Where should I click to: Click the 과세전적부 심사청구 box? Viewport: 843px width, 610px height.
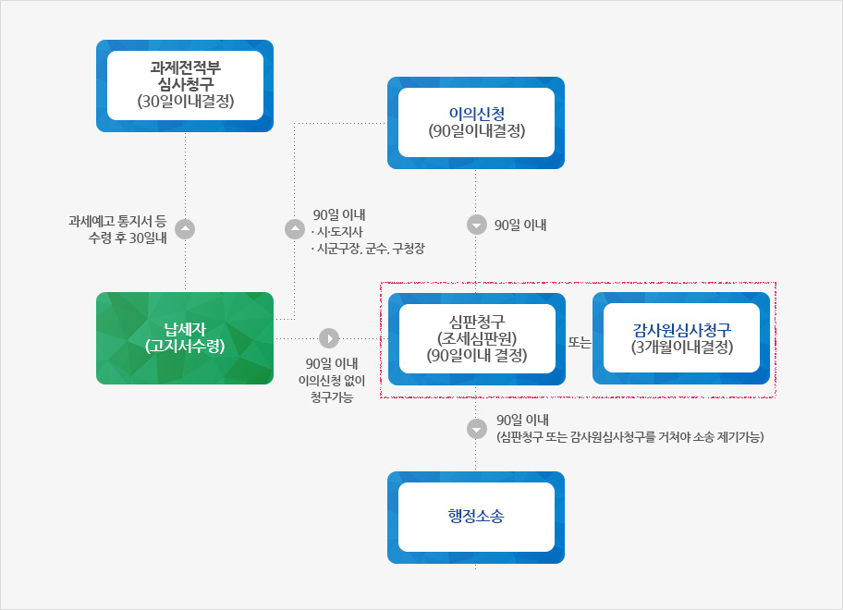pyautogui.click(x=185, y=85)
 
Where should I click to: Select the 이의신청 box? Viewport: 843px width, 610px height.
pyautogui.click(x=476, y=123)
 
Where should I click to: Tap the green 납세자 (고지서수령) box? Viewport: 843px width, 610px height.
pyautogui.click(x=185, y=338)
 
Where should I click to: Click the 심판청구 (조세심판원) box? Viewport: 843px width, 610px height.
pyautogui.click(x=477, y=339)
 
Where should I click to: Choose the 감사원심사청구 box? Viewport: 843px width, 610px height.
pyautogui.click(x=681, y=338)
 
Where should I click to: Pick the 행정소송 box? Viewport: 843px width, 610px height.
pyautogui.click(x=476, y=518)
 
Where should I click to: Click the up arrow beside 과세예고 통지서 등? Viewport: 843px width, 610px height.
pyautogui.click(x=185, y=229)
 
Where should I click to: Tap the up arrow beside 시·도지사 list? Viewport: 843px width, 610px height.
pyautogui.click(x=295, y=229)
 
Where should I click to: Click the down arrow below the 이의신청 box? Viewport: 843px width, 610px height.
pyautogui.click(x=476, y=225)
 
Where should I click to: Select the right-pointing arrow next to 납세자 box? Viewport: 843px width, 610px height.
pyautogui.click(x=329, y=338)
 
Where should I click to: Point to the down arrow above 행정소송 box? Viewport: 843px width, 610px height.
pyautogui.click(x=476, y=429)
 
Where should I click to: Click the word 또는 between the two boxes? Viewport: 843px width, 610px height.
pyautogui.click(x=579, y=342)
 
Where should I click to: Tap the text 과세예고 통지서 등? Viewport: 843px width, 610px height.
pyautogui.click(x=117, y=221)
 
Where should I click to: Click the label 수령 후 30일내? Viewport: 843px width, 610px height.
pyautogui.click(x=128, y=238)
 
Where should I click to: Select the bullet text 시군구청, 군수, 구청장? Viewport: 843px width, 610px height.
pyautogui.click(x=368, y=249)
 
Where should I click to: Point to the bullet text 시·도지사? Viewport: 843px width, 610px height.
pyautogui.click(x=337, y=232)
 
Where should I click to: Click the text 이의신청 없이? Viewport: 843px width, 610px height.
pyautogui.click(x=332, y=381)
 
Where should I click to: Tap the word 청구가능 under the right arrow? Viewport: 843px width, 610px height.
pyautogui.click(x=332, y=397)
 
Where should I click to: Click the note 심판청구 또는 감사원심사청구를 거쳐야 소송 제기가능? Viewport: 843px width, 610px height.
pyautogui.click(x=630, y=437)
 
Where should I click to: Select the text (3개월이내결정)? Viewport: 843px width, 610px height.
pyautogui.click(x=682, y=348)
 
